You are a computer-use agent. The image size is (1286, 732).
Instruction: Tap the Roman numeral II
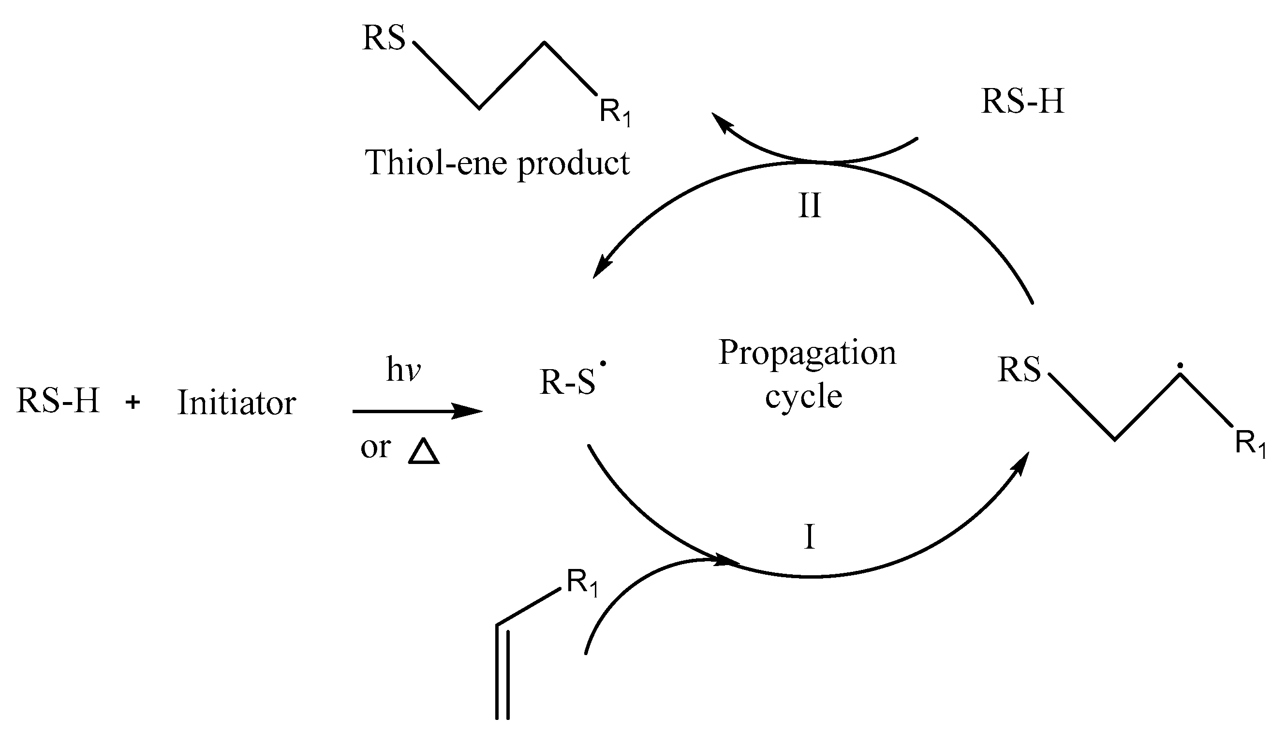point(810,206)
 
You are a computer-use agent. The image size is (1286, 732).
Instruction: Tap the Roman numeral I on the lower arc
point(809,537)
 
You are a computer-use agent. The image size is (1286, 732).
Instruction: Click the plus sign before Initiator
point(133,402)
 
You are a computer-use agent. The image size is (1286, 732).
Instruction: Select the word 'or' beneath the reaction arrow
point(375,447)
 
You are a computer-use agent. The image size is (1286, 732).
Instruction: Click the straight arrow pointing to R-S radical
point(417,411)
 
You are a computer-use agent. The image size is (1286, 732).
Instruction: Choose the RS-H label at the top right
point(1022,102)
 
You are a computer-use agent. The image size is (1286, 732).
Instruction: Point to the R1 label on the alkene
point(582,583)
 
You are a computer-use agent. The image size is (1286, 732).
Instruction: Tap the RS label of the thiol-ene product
point(384,38)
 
